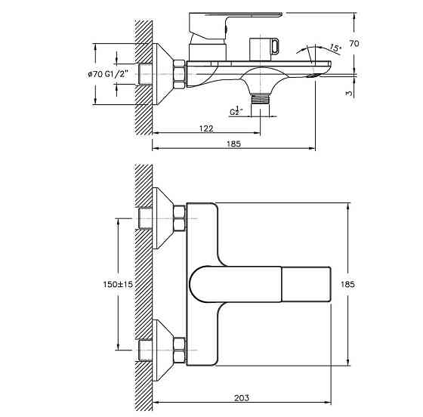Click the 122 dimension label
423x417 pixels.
(x=206, y=128)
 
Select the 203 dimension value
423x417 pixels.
(x=242, y=398)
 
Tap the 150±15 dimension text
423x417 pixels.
(x=118, y=284)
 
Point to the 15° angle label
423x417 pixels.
(x=335, y=48)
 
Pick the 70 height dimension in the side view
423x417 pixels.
(x=354, y=43)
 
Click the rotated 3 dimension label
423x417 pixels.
(x=349, y=93)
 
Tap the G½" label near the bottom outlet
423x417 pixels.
(x=236, y=111)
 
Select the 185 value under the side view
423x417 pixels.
(x=233, y=144)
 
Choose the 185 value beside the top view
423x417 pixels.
(x=347, y=284)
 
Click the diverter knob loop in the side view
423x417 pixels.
(x=276, y=46)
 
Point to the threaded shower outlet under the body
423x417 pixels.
(x=260, y=98)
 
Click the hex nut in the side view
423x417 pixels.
(x=179, y=75)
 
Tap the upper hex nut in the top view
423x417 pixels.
(x=180, y=218)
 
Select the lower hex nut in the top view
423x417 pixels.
(x=180, y=350)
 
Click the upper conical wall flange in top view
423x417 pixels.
(x=163, y=218)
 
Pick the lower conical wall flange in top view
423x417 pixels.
(x=163, y=350)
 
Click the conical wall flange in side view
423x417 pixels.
(x=162, y=74)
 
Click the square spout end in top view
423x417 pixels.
(x=306, y=284)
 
